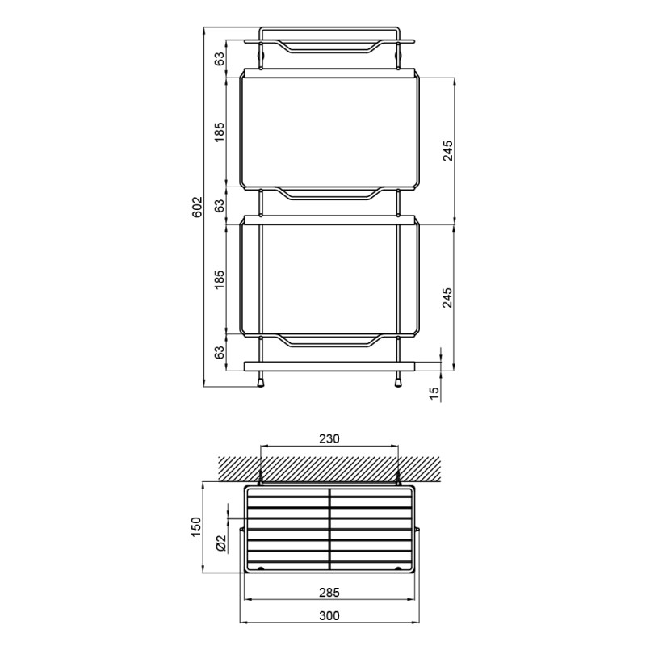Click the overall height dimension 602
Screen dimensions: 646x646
point(198,207)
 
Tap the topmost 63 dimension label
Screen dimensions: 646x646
point(220,58)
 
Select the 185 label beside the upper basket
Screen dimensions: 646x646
point(220,132)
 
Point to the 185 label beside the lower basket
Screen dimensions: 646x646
point(220,279)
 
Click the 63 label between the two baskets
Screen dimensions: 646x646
point(220,205)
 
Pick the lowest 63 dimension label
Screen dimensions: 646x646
point(220,352)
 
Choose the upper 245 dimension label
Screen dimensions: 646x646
point(447,151)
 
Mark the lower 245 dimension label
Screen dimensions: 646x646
point(447,297)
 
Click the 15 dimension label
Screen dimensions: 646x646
point(434,393)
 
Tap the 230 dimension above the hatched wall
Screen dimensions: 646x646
point(329,438)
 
